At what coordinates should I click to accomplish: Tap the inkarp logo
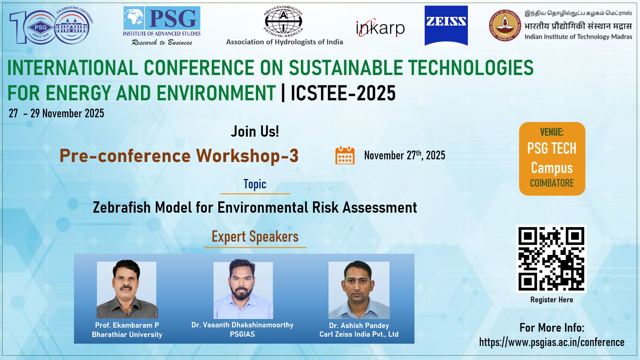pyautogui.click(x=380, y=28)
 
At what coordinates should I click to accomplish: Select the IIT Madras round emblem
pyautogui.click(x=504, y=25)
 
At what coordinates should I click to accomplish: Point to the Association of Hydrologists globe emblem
pyautogui.click(x=283, y=21)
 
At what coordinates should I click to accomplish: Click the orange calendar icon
pyautogui.click(x=345, y=155)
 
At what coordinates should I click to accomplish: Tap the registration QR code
pyautogui.click(x=551, y=259)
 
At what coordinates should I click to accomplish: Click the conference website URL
pyautogui.click(x=551, y=342)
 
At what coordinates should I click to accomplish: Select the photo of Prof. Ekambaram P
pyautogui.click(x=127, y=290)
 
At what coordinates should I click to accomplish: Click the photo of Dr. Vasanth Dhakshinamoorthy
pyautogui.click(x=243, y=290)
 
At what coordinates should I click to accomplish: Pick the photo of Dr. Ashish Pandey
pyautogui.click(x=359, y=290)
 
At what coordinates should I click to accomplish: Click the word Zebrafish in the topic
pyautogui.click(x=122, y=208)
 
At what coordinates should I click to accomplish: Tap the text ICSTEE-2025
pyautogui.click(x=343, y=93)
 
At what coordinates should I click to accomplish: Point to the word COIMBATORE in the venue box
pyautogui.click(x=552, y=183)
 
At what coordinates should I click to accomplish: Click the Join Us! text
pyautogui.click(x=255, y=131)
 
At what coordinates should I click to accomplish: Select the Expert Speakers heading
pyautogui.click(x=255, y=237)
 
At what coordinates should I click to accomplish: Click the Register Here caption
pyautogui.click(x=551, y=300)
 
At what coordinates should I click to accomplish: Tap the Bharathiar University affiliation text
pyautogui.click(x=127, y=335)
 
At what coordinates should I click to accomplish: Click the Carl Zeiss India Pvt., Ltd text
pyautogui.click(x=359, y=334)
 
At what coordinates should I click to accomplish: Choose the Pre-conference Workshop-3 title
pyautogui.click(x=179, y=156)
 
